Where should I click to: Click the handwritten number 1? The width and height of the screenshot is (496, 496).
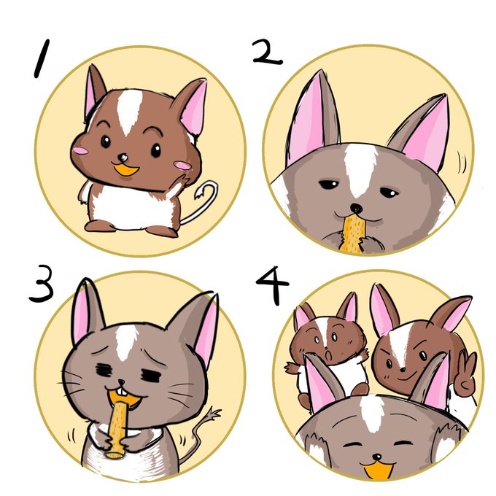42,58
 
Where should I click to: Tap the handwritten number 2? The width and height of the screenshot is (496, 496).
267,53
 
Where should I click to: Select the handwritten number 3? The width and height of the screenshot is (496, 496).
42,284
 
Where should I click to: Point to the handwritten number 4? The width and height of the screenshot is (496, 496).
273,285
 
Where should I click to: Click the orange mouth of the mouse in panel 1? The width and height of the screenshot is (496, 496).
126,171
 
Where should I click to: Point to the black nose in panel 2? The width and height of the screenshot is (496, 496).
357,208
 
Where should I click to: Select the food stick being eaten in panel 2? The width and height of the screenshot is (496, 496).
353,233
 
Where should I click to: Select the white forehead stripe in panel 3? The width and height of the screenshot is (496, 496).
126,342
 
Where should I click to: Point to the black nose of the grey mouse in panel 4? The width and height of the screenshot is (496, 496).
377,457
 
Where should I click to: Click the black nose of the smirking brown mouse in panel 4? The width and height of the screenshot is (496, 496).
403,369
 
